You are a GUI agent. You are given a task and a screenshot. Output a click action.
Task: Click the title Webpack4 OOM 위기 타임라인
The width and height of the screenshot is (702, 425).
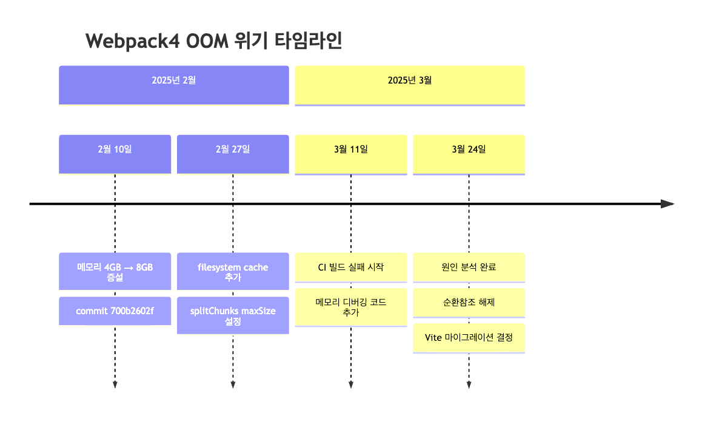(214, 41)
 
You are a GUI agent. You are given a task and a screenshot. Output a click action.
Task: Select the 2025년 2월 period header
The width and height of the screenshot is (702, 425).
(174, 84)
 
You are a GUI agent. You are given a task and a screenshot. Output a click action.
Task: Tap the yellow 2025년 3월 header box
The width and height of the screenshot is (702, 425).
(409, 84)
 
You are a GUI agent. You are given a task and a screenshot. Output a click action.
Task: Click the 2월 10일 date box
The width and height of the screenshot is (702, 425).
(115, 154)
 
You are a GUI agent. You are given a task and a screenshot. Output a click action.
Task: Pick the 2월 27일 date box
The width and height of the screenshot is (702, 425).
(233, 154)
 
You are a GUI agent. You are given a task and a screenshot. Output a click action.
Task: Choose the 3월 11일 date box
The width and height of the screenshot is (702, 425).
(350, 154)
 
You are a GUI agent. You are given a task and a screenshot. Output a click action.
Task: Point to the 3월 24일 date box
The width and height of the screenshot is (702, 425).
(469, 154)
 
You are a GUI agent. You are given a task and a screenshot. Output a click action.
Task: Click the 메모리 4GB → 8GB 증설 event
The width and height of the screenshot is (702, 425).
(115, 271)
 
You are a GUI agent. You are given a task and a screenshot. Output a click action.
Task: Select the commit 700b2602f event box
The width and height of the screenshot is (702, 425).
(115, 311)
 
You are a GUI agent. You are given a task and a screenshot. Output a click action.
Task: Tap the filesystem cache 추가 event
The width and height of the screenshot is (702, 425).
(233, 271)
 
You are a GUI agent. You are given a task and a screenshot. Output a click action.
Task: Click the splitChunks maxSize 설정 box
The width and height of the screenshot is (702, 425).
(233, 315)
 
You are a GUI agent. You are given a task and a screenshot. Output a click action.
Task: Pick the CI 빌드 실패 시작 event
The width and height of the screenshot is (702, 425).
(350, 267)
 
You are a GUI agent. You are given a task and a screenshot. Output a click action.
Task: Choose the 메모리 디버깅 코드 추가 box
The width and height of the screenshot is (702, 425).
(350, 307)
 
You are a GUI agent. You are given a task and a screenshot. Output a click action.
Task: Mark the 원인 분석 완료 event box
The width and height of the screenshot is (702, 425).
(469, 267)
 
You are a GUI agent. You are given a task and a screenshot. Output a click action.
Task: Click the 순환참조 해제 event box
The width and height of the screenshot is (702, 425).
(469, 302)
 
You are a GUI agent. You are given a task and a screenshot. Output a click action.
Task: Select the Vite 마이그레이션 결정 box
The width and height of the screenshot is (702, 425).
(469, 338)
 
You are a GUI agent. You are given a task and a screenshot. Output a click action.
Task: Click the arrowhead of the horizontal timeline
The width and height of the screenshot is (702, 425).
(667, 204)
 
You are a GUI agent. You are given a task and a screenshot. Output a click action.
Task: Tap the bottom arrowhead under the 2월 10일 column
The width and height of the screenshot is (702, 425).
(115, 384)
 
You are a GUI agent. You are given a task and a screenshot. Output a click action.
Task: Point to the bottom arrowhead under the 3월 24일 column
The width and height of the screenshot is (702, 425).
(469, 384)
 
